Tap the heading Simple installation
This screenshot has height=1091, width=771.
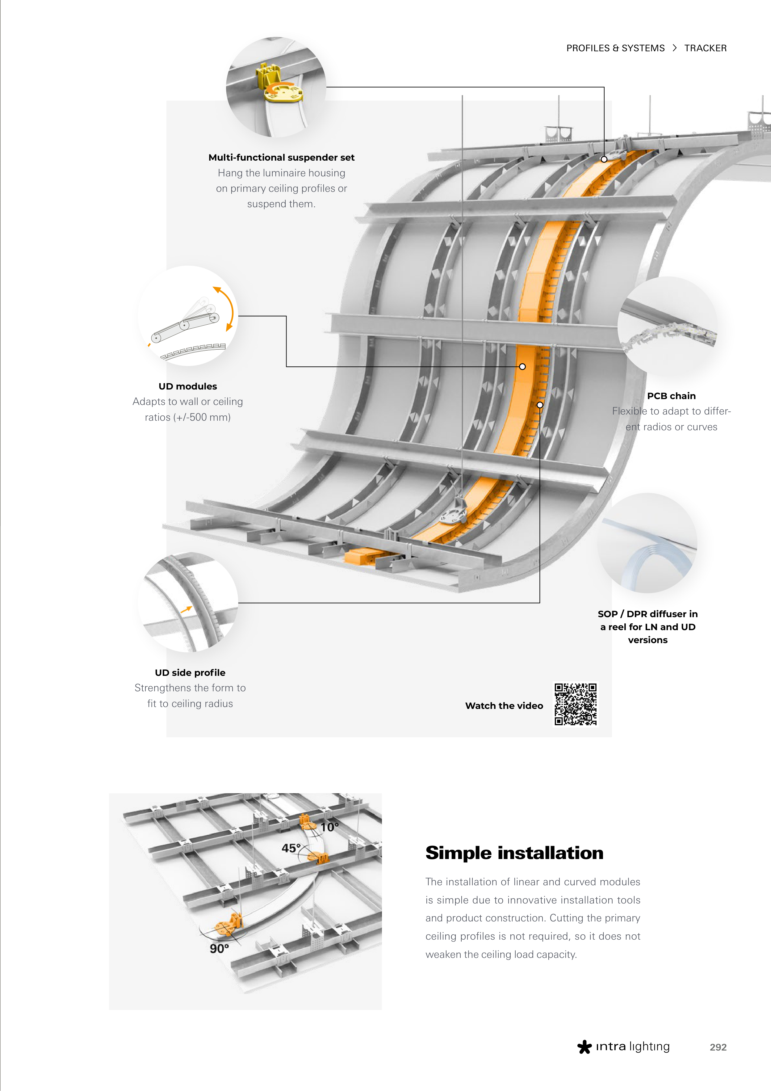click(x=514, y=853)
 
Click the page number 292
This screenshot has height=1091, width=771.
click(x=718, y=1047)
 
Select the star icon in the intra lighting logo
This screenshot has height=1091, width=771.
click(x=584, y=1047)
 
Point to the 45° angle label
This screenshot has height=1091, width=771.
click(x=291, y=848)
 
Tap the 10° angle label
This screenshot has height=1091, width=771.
click(x=329, y=827)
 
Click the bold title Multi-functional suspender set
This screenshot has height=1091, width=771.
click(x=281, y=157)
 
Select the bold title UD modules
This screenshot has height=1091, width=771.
click(x=188, y=386)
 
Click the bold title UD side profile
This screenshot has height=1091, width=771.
click(x=190, y=672)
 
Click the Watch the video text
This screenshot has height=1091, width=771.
click(x=504, y=706)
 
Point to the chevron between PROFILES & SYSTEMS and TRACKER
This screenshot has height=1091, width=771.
click(x=674, y=48)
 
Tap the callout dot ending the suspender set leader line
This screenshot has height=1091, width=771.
click(x=604, y=159)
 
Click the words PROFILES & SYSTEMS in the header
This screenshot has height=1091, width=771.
click(x=615, y=48)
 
